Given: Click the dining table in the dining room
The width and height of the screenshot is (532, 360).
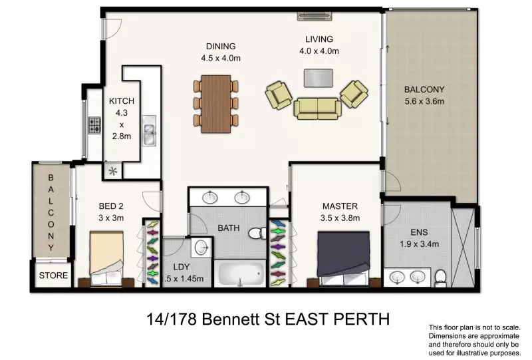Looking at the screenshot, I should [x=215, y=102].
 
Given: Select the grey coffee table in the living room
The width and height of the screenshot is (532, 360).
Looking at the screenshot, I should [x=319, y=78].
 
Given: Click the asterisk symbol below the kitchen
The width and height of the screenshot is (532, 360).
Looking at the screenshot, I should [x=113, y=171].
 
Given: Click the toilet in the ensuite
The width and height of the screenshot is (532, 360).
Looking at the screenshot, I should [x=438, y=276].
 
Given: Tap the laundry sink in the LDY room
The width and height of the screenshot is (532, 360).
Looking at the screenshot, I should [x=201, y=248].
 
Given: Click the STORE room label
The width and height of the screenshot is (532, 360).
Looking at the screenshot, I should [x=53, y=275].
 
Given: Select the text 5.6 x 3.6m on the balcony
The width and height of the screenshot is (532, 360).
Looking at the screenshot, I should [x=424, y=102].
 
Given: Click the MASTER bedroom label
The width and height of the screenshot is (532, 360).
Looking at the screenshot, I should [x=340, y=206].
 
